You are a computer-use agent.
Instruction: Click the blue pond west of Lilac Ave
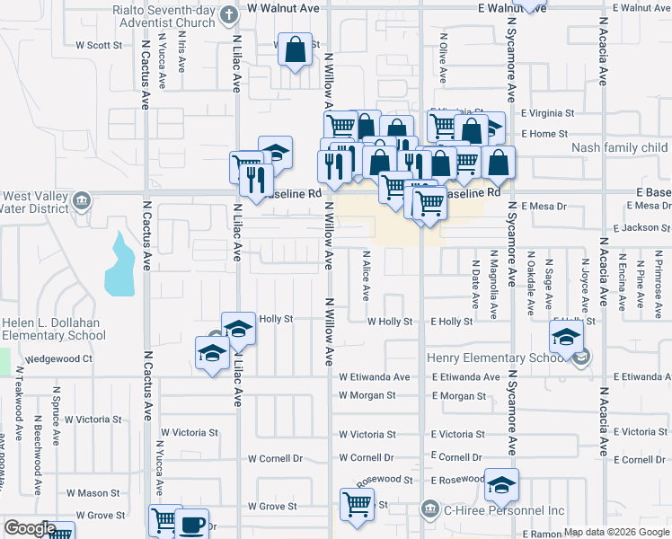[119, 266]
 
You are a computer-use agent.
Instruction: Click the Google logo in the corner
[30, 528]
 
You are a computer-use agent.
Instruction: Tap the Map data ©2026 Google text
[616, 532]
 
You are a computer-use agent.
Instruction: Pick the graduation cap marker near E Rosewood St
[501, 485]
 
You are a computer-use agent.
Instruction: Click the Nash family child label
[620, 147]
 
